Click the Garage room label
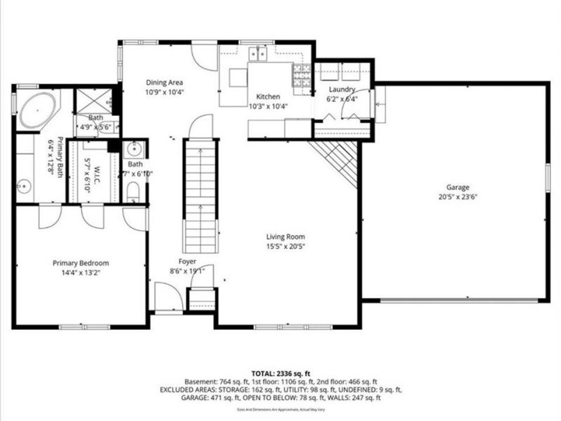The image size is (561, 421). [457, 187]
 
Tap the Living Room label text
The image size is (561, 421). [285, 236]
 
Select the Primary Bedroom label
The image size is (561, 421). [80, 263]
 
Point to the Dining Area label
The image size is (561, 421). [165, 82]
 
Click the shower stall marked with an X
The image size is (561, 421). [92, 100]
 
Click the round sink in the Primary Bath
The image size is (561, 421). [25, 185]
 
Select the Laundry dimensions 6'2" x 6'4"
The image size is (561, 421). [342, 99]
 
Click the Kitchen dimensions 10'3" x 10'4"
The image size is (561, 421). [264, 106]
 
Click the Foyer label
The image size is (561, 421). [187, 261]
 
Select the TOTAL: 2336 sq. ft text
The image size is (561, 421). [280, 372]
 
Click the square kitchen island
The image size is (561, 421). [238, 77]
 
